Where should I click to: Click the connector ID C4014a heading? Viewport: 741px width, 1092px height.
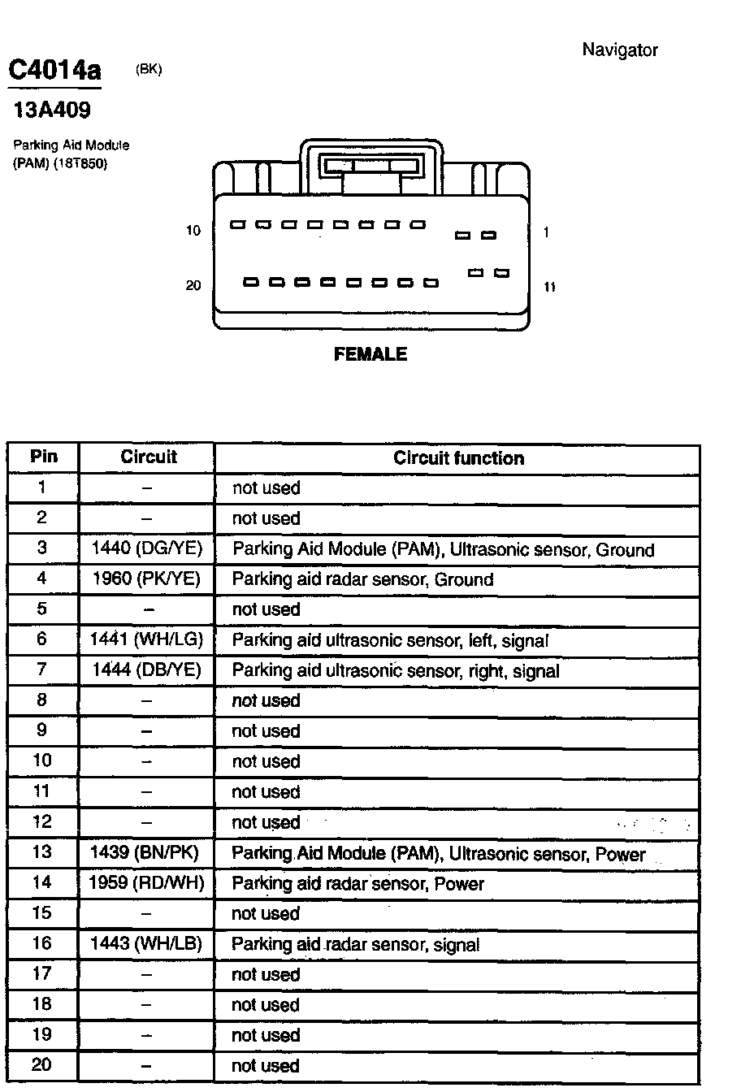[x=54, y=71]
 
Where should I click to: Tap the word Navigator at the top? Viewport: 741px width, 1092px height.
[x=619, y=50]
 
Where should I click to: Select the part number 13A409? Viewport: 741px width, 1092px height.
[x=53, y=110]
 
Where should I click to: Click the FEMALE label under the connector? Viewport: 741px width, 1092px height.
[x=370, y=354]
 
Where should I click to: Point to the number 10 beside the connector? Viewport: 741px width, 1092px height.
[x=193, y=231]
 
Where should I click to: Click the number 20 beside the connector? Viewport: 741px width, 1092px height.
[x=193, y=285]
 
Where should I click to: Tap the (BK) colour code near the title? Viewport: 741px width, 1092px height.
[x=149, y=70]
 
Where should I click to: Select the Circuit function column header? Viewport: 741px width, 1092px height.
[x=458, y=458]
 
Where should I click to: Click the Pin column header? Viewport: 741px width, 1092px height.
[x=44, y=456]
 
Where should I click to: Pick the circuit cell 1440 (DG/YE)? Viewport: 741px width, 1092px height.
[x=147, y=548]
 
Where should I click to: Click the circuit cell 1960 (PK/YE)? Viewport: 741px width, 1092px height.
[x=147, y=579]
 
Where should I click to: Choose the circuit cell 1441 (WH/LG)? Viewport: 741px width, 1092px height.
[x=147, y=639]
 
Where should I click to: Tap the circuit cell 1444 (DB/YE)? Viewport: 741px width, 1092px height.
[x=147, y=670]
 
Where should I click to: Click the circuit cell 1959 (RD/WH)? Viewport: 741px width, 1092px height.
[x=147, y=882]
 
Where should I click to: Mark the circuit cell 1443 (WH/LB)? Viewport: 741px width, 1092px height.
[x=147, y=943]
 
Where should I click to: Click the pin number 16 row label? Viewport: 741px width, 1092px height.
[x=42, y=942]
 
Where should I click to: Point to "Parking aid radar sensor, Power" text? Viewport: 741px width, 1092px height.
[x=357, y=883]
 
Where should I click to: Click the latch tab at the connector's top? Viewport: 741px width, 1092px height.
[x=371, y=167]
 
